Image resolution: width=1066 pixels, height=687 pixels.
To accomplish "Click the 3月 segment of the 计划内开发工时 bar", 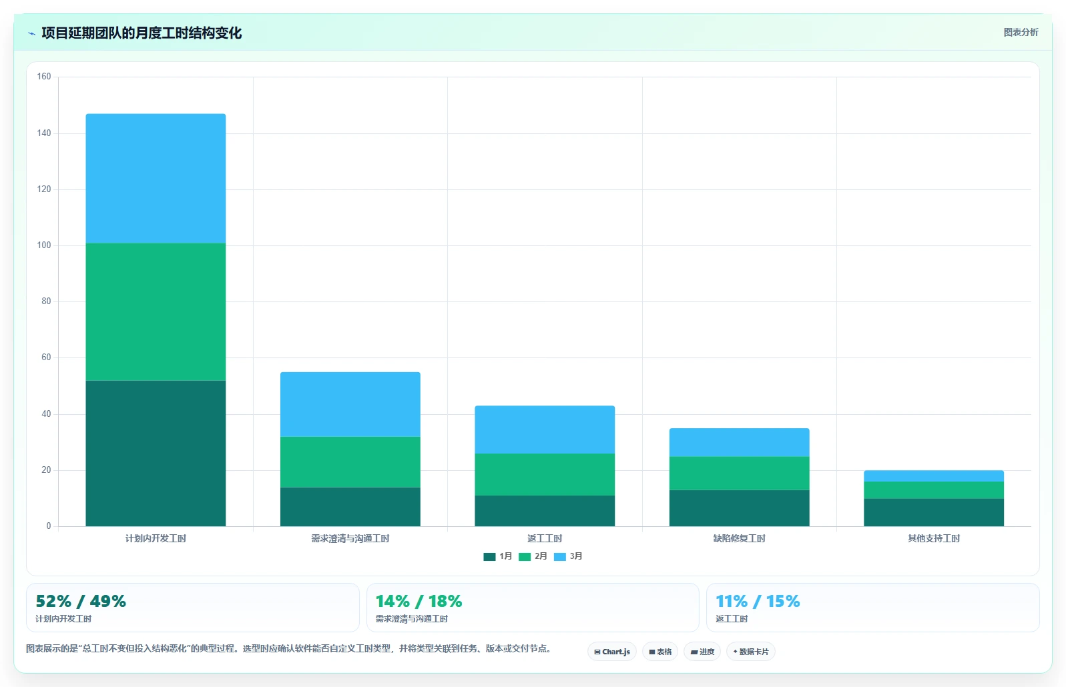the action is pos(156,179).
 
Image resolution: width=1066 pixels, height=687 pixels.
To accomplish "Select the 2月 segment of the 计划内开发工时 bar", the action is pos(156,312).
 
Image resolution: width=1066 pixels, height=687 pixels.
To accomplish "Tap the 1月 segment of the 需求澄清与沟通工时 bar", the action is pos(350,507).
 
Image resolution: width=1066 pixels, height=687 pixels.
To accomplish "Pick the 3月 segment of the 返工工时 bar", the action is pos(545,430).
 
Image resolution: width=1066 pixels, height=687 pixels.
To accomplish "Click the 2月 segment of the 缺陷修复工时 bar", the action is pos(740,474).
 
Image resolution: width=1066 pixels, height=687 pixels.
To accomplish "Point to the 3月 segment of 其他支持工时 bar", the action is pos(934,476).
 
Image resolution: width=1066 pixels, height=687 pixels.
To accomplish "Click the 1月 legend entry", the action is pos(498,556).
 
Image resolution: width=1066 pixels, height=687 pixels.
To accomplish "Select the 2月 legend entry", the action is pos(533,556).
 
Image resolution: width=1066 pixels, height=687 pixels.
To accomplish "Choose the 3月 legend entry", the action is pos(568,556).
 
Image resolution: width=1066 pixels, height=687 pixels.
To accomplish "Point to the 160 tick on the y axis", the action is pos(44,77).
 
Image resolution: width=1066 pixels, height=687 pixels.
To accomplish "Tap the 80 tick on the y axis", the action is pos(46,301).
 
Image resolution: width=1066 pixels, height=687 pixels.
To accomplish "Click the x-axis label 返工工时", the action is pos(545,539).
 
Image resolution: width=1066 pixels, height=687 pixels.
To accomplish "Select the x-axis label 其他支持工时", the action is pos(934,539).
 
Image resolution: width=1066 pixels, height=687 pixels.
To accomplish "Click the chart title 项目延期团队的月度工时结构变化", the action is pos(142,33).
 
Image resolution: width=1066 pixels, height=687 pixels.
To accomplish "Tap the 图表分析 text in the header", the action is pos(1021,32).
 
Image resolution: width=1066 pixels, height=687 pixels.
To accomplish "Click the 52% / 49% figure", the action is pos(81,602).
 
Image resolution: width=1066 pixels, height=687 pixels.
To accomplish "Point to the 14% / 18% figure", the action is pos(419,602).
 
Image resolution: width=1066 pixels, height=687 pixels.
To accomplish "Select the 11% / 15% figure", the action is pos(758,602).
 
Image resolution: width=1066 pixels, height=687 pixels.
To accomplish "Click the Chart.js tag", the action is pos(612,652).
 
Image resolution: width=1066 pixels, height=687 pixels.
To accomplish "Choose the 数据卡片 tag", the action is pos(750,652).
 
